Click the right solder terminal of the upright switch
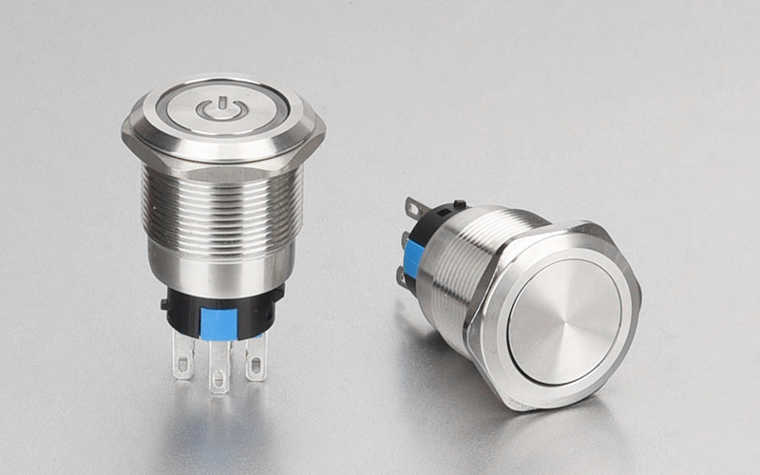click(256, 358)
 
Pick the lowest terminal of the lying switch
click(403, 278)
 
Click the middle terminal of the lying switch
click(406, 238)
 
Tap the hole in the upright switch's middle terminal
click(219, 379)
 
